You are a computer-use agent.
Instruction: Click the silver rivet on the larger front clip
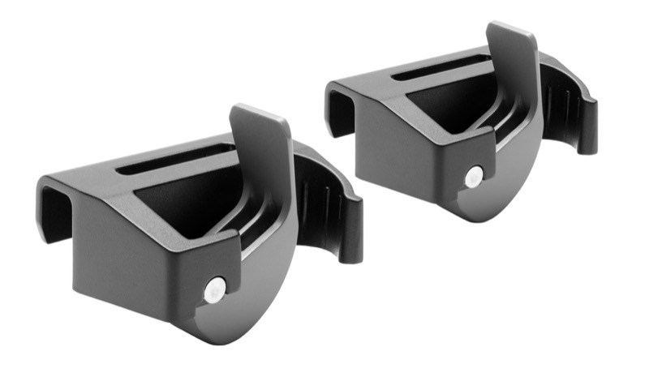[214, 289]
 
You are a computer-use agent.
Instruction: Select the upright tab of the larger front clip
[261, 138]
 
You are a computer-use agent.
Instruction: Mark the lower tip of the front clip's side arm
[351, 251]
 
